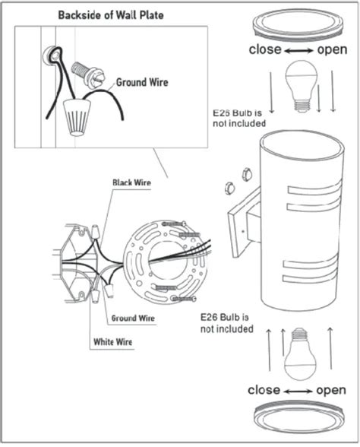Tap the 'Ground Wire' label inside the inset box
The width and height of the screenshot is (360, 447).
(x=141, y=82)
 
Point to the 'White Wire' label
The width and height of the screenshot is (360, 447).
(x=112, y=343)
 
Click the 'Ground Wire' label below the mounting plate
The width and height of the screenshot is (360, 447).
(x=133, y=317)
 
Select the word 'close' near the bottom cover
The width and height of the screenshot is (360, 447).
(x=266, y=390)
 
